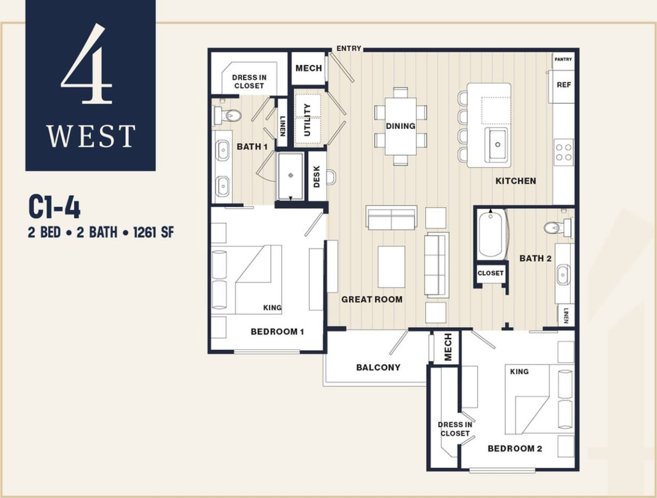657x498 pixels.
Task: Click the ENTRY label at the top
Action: pos(349,49)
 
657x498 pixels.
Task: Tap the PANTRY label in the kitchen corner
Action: pos(563,60)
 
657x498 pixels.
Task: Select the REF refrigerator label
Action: pos(564,85)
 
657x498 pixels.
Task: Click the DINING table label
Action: pos(400,126)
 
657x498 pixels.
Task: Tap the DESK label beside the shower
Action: pos(317,176)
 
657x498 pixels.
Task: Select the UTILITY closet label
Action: pos(307,120)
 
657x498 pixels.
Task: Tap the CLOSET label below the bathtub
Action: pos(490,273)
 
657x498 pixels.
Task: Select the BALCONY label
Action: pos(378,367)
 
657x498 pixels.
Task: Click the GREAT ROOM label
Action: pos(372,299)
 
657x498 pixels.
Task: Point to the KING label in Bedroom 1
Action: pos(272,307)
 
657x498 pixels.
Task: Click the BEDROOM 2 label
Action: pos(515,448)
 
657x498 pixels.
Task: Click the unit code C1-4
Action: pos(54,208)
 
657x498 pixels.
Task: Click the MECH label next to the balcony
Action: pos(448,347)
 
